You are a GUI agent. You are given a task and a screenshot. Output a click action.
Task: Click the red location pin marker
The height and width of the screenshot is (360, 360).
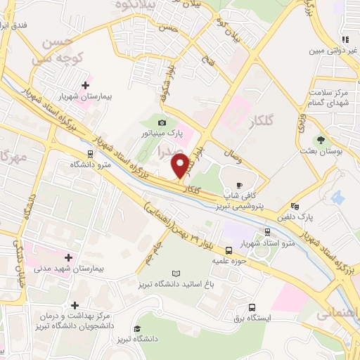[181, 166]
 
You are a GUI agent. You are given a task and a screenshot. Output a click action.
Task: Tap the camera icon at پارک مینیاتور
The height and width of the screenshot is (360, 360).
[162, 122]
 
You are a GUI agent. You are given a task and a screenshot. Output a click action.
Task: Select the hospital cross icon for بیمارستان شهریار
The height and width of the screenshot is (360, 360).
[85, 85]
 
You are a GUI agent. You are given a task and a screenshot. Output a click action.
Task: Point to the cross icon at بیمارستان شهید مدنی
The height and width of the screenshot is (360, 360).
[68, 258]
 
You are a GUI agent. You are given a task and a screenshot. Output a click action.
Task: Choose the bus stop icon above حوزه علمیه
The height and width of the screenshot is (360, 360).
[229, 250]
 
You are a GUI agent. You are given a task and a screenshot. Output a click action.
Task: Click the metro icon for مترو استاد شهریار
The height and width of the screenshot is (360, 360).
[267, 231]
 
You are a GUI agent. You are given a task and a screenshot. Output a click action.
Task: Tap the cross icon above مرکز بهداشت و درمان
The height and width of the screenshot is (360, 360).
[75, 305]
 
